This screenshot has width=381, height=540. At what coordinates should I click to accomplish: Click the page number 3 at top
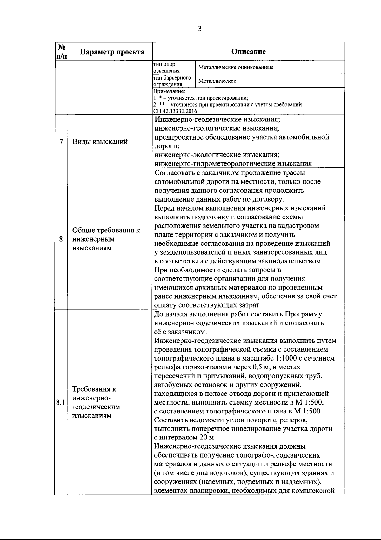(199, 29)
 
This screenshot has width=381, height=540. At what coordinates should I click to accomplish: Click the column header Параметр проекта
(112, 52)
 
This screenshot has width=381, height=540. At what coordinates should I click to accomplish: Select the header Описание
(248, 51)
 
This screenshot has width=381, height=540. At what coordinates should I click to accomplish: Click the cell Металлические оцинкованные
(236, 68)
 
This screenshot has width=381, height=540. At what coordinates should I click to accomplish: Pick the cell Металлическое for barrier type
(217, 81)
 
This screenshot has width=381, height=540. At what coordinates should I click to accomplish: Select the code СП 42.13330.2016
(175, 111)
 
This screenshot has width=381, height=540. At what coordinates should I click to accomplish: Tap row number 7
(61, 141)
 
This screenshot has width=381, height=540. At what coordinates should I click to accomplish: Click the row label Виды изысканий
(100, 142)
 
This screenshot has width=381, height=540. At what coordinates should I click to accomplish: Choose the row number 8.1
(60, 402)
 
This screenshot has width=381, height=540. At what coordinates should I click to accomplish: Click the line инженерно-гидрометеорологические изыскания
(233, 164)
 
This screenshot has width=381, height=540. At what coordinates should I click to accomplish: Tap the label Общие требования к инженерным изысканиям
(106, 239)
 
